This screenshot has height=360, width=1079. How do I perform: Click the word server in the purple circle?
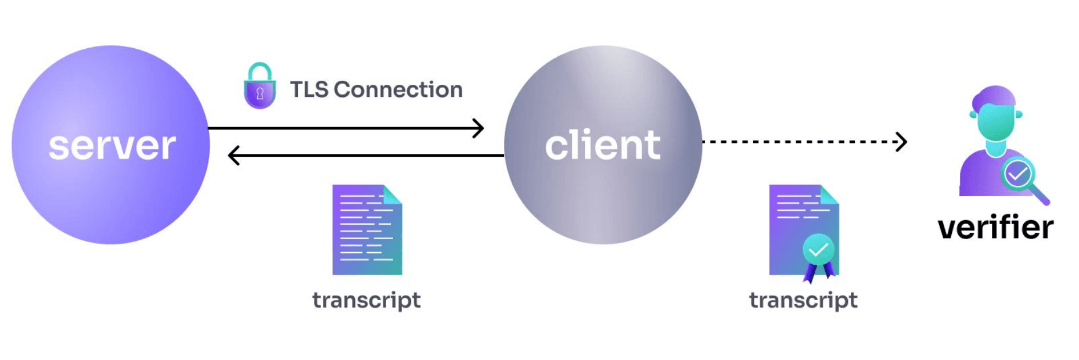click(x=112, y=146)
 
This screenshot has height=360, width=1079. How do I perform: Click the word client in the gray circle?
click(x=603, y=145)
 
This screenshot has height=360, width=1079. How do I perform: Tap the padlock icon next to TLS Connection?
click(x=260, y=87)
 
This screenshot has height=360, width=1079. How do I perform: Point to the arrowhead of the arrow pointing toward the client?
click(x=479, y=128)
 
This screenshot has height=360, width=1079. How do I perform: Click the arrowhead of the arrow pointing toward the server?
click(x=233, y=156)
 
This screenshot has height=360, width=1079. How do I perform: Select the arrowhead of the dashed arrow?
click(x=902, y=142)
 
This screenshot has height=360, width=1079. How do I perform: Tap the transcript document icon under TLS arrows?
click(x=366, y=230)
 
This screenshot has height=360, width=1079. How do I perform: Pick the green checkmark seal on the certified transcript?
click(x=818, y=250)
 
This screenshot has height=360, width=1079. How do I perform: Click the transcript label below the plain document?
click(x=366, y=300)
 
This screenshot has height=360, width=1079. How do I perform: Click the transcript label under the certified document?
click(x=803, y=300)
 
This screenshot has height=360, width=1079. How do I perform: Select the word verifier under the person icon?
click(x=995, y=227)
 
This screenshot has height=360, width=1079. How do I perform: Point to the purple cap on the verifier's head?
click(x=994, y=96)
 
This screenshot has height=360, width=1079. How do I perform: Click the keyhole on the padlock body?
click(x=260, y=93)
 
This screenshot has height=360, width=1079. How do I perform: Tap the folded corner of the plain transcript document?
click(x=392, y=194)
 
